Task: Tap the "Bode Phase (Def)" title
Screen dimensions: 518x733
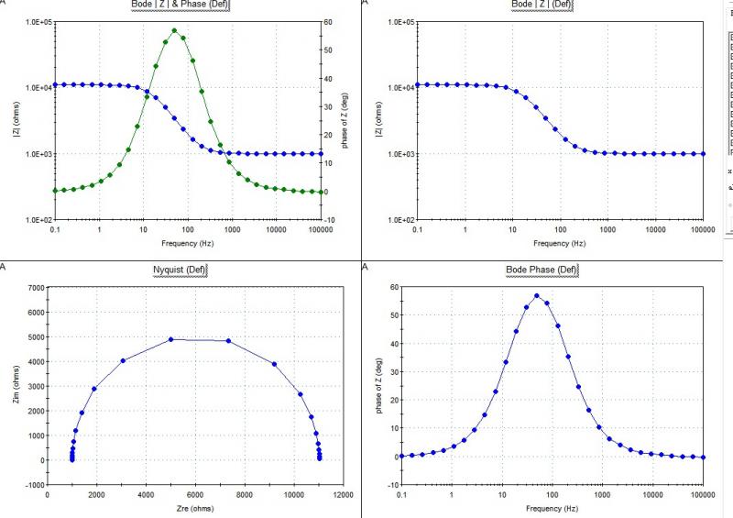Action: coord(542,270)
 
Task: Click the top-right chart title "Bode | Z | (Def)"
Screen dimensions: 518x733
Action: coord(542,6)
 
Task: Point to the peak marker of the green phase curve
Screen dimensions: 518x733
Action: coord(174,30)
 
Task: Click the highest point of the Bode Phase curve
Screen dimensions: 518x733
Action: coord(536,296)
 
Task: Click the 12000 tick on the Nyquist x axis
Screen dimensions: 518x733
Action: coord(343,494)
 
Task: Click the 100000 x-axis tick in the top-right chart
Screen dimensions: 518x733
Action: coord(703,231)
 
